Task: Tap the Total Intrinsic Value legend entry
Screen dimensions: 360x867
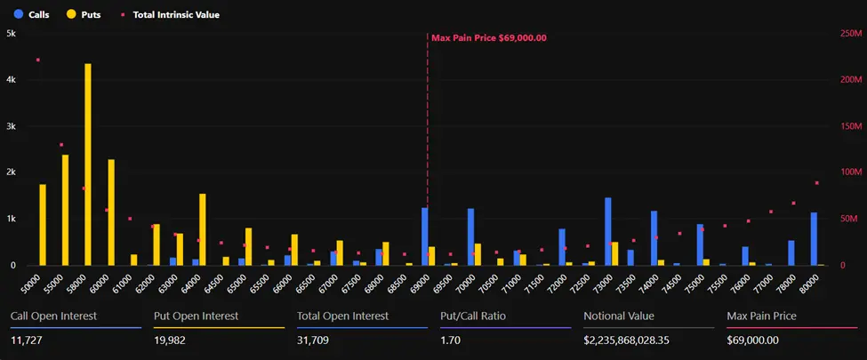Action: coord(172,14)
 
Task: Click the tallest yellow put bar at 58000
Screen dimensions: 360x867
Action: coord(88,164)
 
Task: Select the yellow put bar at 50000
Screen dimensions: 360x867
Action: coord(43,225)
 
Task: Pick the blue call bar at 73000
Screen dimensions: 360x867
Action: coord(608,231)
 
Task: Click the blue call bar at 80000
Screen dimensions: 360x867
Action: coord(814,238)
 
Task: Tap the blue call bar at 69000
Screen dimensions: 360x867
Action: coord(425,236)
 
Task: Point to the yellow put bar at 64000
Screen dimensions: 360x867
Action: coord(203,229)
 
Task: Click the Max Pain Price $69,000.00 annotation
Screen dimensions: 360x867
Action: coord(488,37)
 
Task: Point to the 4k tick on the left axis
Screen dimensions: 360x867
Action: coord(11,79)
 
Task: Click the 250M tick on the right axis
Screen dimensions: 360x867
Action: coord(851,33)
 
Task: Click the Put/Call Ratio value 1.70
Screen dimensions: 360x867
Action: coord(450,340)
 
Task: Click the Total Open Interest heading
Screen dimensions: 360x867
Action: coord(342,316)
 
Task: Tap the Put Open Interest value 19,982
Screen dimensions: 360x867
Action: coord(172,340)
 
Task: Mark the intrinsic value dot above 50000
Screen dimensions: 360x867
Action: coord(38,60)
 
